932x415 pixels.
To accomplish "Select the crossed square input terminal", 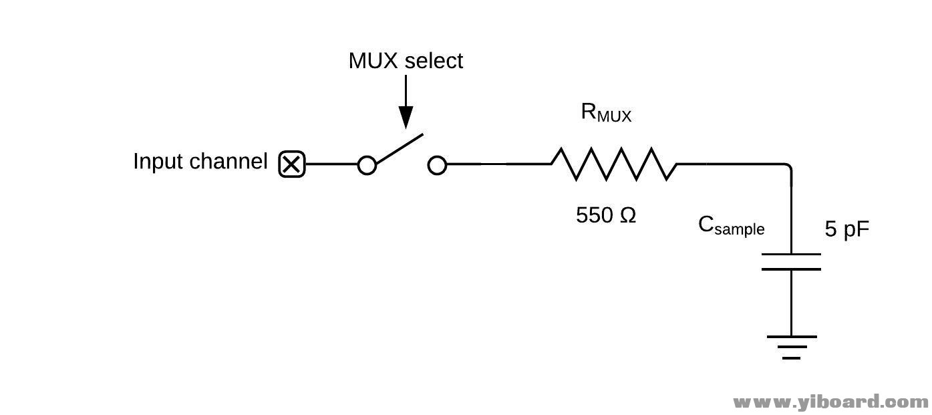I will [x=291, y=164].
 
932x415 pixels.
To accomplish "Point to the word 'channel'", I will [x=228, y=162].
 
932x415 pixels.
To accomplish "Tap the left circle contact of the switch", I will [x=367, y=164].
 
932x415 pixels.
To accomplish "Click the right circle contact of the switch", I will [x=437, y=164].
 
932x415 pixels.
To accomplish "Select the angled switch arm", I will [x=400, y=149].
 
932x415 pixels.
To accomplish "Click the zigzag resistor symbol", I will [x=614, y=164].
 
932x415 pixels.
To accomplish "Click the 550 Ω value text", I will [x=605, y=215].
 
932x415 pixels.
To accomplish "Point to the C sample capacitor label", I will [x=731, y=226].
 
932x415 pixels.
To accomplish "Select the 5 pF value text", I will [x=847, y=229].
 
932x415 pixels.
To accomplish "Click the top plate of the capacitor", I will [x=791, y=255].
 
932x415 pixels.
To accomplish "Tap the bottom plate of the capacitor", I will [x=791, y=269].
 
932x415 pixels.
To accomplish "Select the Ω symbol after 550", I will [x=627, y=215].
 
